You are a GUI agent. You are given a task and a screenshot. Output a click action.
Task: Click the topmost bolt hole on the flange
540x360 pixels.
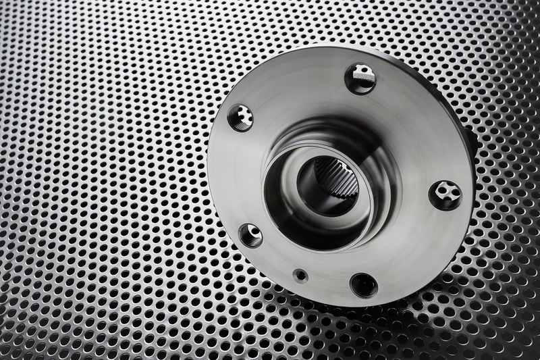[x=361, y=78]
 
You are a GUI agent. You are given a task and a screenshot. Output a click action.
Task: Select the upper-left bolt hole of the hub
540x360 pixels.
[x=241, y=118]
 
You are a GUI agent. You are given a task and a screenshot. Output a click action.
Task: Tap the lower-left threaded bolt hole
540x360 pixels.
[x=250, y=235]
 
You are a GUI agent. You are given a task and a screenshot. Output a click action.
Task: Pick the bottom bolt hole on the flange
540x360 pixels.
[x=364, y=285]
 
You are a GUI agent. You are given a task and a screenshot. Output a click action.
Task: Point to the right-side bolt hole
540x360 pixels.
[x=446, y=195]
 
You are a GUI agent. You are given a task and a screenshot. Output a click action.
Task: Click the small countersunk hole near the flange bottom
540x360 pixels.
[x=300, y=275]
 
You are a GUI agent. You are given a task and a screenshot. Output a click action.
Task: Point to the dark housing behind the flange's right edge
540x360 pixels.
[x=471, y=142]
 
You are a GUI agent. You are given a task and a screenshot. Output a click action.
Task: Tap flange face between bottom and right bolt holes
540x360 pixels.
[x=415, y=250]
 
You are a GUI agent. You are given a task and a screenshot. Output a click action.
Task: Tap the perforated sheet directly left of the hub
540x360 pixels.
[x=135, y=182]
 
